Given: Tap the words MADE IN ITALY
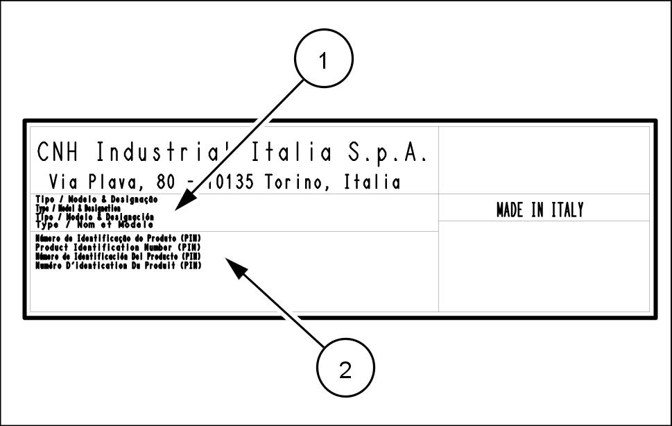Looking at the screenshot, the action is point(540,210).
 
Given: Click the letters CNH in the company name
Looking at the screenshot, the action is point(58,151).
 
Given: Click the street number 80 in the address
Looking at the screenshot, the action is point(167,182).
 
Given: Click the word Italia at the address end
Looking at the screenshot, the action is point(372,182).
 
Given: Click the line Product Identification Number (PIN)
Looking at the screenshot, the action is point(118,248).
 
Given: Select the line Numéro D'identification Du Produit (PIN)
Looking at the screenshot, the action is point(118,265).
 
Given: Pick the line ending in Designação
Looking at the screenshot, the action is point(96,199).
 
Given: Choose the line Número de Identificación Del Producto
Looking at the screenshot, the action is point(118,256).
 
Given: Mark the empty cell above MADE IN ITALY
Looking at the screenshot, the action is point(544,160).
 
